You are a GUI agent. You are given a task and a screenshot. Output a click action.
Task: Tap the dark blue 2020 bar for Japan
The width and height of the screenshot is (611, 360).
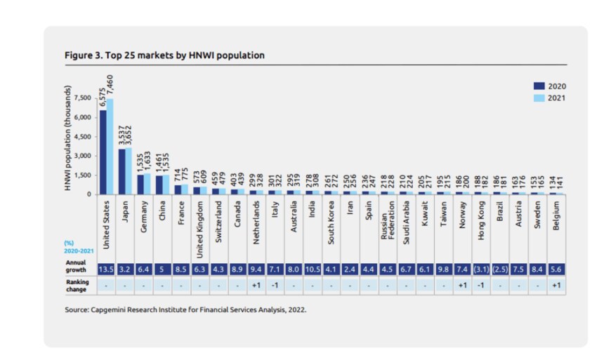click(121, 171)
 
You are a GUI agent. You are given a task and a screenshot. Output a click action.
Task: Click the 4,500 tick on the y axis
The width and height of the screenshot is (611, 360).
click(83, 136)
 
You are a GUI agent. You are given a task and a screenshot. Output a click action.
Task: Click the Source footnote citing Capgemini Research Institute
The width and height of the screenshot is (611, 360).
click(185, 309)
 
